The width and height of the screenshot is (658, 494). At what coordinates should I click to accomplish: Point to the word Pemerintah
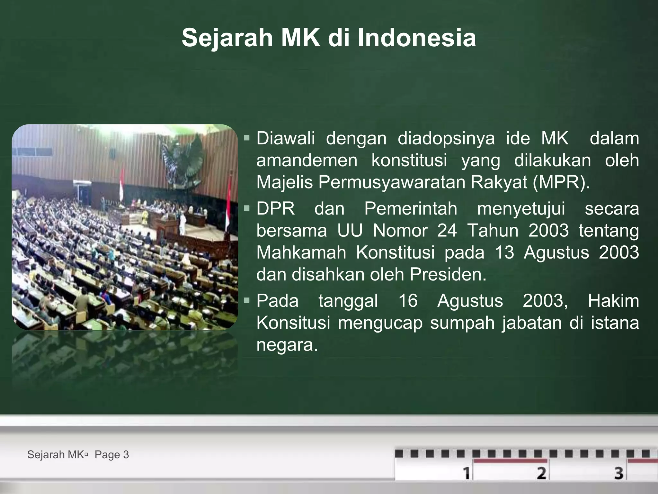point(411,209)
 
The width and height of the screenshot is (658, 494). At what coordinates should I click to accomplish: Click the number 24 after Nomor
point(447,231)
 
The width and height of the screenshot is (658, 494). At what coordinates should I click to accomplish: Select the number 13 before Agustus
point(504,252)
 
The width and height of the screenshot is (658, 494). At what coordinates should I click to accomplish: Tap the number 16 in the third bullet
point(408,301)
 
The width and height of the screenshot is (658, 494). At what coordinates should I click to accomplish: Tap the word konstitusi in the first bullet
point(409,160)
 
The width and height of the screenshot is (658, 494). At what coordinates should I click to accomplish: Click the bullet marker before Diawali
point(247,139)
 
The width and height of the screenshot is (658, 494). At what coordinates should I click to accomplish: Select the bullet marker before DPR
point(247,209)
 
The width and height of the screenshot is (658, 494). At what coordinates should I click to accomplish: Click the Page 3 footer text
point(112,455)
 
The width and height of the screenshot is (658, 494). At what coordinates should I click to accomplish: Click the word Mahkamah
point(301,252)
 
